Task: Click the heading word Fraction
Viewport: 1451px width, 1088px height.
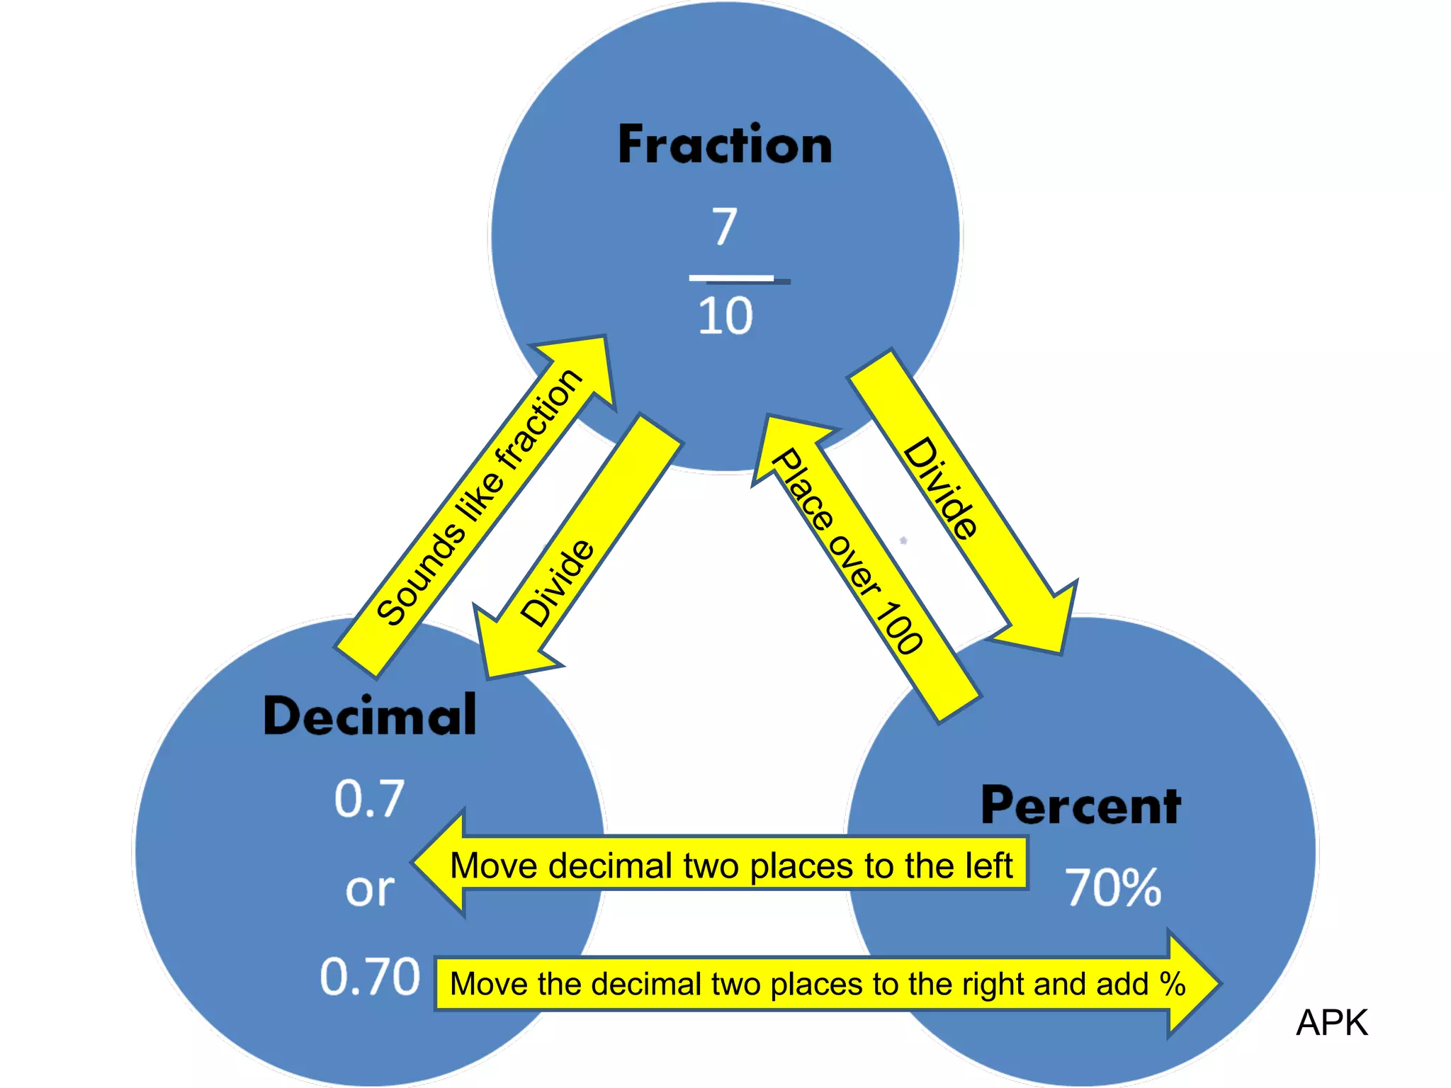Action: pos(725,145)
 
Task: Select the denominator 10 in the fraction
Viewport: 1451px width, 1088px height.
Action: pos(725,316)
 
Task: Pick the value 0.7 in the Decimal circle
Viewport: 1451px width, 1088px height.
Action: pos(369,799)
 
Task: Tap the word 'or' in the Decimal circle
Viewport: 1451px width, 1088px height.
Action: pos(369,889)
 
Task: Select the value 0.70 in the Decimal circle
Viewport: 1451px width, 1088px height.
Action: pos(369,977)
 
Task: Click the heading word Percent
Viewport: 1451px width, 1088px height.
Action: pos(1080,805)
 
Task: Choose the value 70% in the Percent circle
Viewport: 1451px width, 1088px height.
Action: pos(1113,888)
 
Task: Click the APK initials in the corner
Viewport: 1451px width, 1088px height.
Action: pos(1332,1023)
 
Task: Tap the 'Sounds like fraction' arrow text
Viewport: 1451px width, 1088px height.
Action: pos(479,497)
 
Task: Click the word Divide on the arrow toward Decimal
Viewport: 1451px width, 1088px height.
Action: pos(557,583)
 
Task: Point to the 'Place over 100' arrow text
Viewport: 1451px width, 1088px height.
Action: pos(847,551)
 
